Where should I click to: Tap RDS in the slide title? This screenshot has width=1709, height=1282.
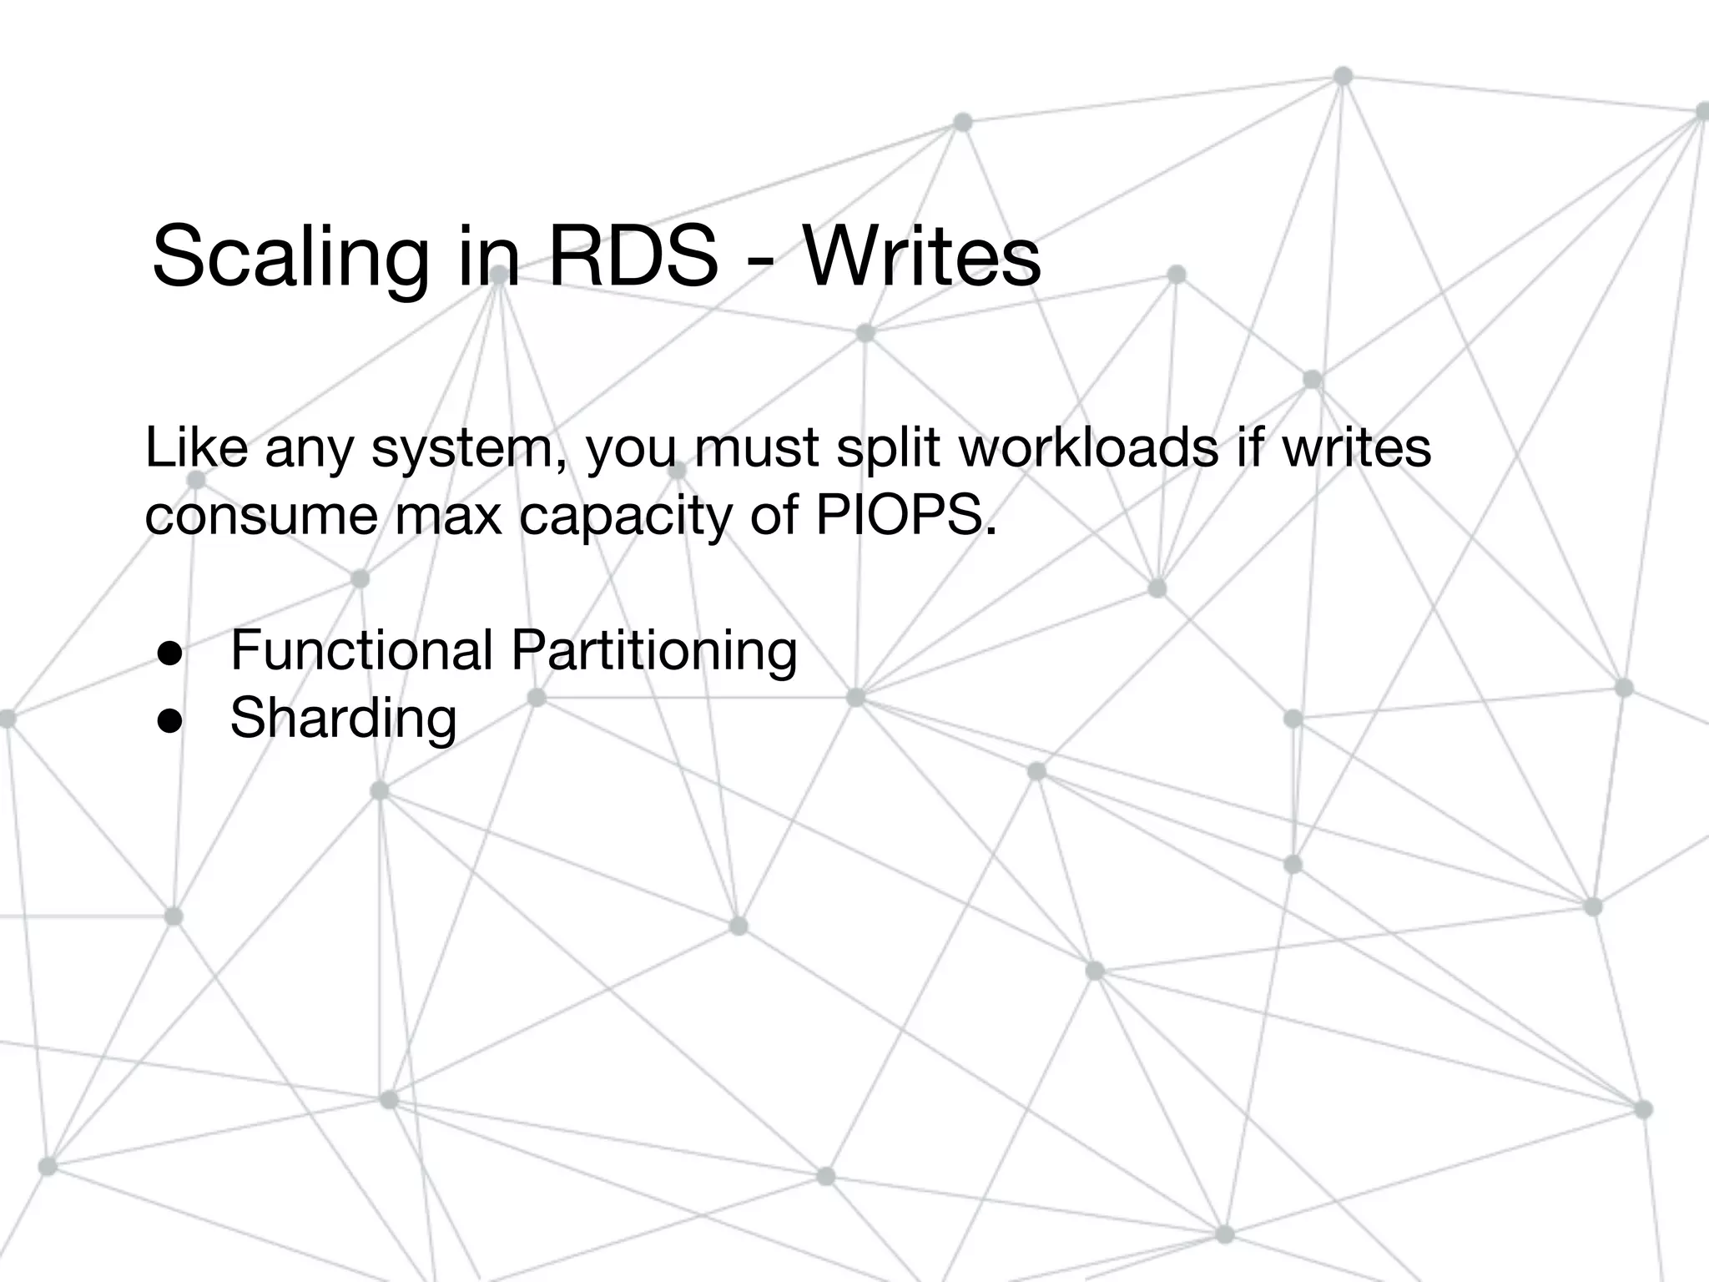[x=632, y=255]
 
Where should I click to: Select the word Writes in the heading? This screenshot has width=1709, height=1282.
[x=921, y=255]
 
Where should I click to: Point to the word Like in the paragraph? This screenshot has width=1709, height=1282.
[x=196, y=447]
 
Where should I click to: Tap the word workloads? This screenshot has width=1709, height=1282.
[x=1088, y=447]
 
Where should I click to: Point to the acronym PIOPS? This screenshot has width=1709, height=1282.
[x=905, y=515]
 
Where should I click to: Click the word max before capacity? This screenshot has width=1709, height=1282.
[x=448, y=516]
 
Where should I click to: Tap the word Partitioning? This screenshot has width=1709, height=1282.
[x=654, y=651]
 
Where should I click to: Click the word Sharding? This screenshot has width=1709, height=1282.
[x=343, y=718]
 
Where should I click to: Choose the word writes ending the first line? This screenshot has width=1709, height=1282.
[x=1356, y=447]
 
